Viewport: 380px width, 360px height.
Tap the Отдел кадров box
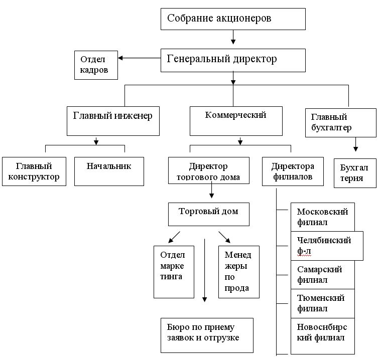pyautogui.click(x=96, y=65)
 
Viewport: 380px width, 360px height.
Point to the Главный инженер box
pyautogui.click(x=113, y=120)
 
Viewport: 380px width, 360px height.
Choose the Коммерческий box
pyautogui.click(x=235, y=120)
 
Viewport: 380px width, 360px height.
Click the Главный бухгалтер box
pyautogui.click(x=340, y=122)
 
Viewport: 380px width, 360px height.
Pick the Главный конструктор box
pyautogui.click(x=34, y=171)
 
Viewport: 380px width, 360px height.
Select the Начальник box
pyautogui.click(x=109, y=171)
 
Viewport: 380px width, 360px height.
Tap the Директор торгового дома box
pyautogui.click(x=208, y=171)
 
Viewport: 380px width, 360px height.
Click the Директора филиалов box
pyautogui.click(x=293, y=171)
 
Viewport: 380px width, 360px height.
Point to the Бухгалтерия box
pyautogui.click(x=355, y=173)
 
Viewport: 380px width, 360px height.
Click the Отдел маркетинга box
pyautogui.click(x=174, y=271)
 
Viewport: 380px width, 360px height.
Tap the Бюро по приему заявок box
pyautogui.click(x=207, y=335)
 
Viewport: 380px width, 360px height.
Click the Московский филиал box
pyautogui.click(x=323, y=217)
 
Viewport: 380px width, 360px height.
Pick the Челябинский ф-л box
pyautogui.click(x=327, y=246)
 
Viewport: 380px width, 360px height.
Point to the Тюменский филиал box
pyautogui.click(x=323, y=303)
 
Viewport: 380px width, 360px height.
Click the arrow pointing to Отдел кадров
pyautogui.click(x=139, y=58)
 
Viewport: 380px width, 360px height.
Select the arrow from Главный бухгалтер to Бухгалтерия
pyautogui.click(x=356, y=144)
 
